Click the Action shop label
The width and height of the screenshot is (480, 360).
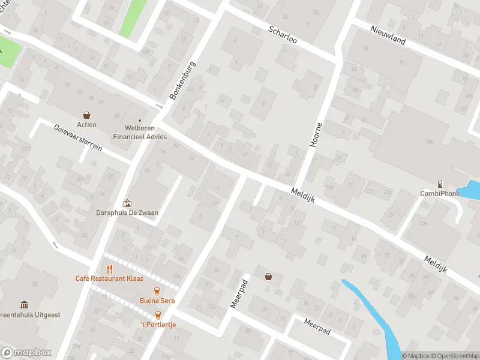(x=86, y=125)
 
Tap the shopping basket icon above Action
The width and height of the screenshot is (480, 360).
(x=86, y=115)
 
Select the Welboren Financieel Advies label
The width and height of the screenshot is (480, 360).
(x=139, y=132)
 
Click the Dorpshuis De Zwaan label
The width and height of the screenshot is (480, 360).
(x=127, y=212)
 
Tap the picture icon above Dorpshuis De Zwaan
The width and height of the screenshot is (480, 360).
(x=127, y=203)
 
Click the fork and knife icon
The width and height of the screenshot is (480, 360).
(x=109, y=269)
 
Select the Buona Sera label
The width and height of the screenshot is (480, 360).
(x=157, y=301)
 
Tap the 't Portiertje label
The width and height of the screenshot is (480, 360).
(x=158, y=325)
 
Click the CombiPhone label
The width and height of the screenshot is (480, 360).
(x=440, y=193)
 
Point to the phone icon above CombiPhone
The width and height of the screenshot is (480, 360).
(x=440, y=184)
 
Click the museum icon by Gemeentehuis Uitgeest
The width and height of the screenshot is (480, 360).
(x=24, y=305)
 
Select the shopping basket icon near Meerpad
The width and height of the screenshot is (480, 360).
(x=268, y=277)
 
